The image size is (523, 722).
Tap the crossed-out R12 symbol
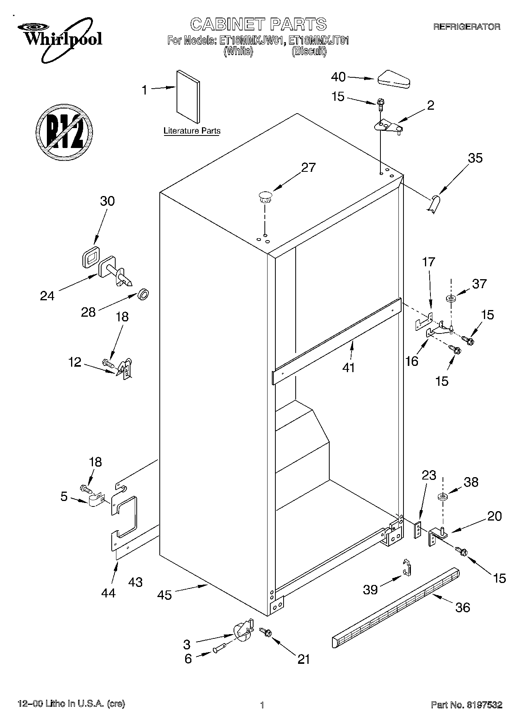coord(64,132)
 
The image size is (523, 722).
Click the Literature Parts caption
coord(191,131)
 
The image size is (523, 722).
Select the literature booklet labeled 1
coord(188,96)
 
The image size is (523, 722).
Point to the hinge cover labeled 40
coord(393,78)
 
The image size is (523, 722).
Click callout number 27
coord(308,167)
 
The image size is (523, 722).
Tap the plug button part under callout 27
coord(265,196)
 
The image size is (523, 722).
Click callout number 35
coord(475,158)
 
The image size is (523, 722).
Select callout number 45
coord(165,595)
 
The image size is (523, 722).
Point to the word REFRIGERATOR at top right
coord(466,27)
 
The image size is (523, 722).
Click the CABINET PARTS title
coord(258,24)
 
